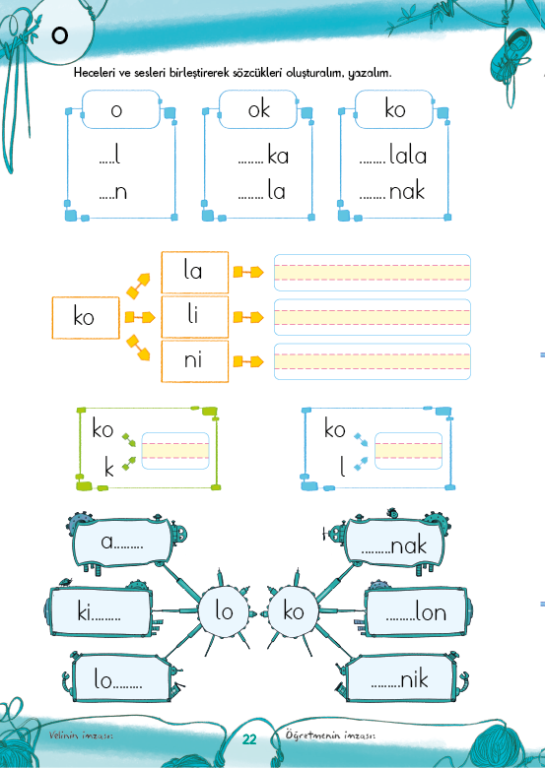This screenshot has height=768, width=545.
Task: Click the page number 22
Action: click(x=249, y=739)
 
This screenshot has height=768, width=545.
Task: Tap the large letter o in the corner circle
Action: click(x=59, y=35)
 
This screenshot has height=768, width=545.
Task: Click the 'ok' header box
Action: click(x=258, y=109)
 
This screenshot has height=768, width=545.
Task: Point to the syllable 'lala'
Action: click(x=408, y=156)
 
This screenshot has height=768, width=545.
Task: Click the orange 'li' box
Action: click(x=195, y=316)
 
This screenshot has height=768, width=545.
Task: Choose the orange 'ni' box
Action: click(x=195, y=361)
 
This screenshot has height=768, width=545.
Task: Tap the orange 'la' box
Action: click(x=195, y=272)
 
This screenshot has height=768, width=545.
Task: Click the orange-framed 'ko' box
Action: click(x=86, y=317)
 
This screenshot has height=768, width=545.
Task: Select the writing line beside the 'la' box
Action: click(x=373, y=273)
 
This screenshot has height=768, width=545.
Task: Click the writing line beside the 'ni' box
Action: click(x=373, y=361)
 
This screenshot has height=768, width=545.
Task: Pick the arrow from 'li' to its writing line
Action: click(x=248, y=317)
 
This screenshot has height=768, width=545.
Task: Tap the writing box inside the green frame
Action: click(x=175, y=451)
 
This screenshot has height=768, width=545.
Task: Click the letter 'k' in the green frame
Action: click(x=108, y=468)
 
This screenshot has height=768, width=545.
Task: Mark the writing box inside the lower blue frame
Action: click(x=408, y=451)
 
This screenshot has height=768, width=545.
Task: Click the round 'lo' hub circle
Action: click(x=224, y=611)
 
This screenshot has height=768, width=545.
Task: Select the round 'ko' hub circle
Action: click(x=293, y=611)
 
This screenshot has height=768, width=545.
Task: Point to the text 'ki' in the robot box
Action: click(x=85, y=611)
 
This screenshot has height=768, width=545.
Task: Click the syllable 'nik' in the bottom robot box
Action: click(x=415, y=678)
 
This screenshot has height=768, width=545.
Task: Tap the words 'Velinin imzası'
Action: click(x=82, y=736)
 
